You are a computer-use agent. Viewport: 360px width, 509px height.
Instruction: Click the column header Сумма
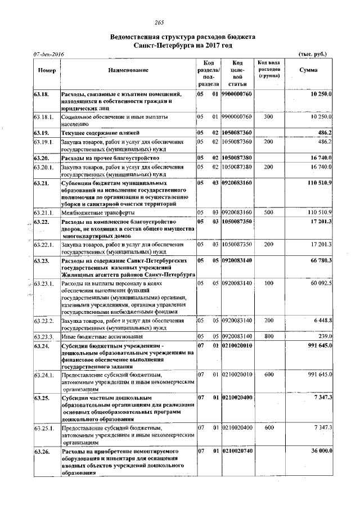[x=308, y=70]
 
